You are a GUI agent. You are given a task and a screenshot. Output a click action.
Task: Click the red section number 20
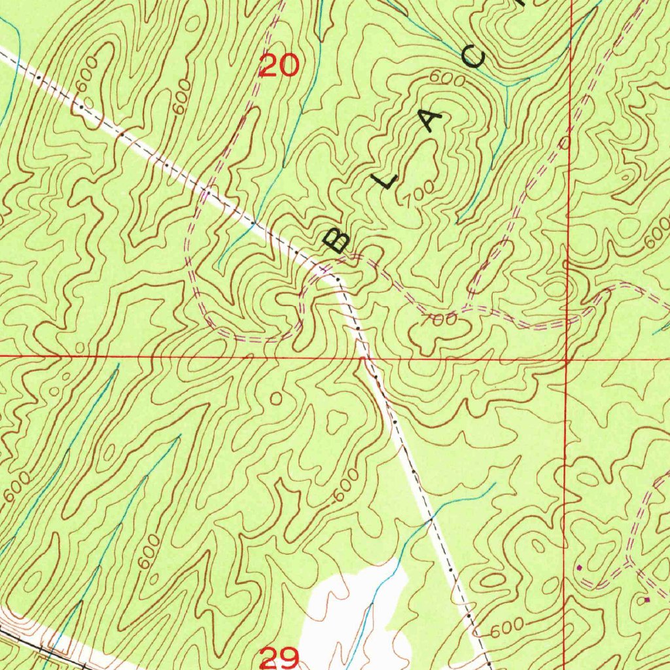coord(280,65)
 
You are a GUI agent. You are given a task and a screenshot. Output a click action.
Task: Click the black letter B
coord(336,240)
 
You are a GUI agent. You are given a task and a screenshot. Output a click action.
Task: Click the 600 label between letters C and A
coord(448,79)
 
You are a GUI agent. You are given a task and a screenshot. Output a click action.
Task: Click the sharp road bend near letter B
coord(336,279)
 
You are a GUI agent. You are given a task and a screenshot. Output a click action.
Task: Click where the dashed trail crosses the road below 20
coord(207,192)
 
